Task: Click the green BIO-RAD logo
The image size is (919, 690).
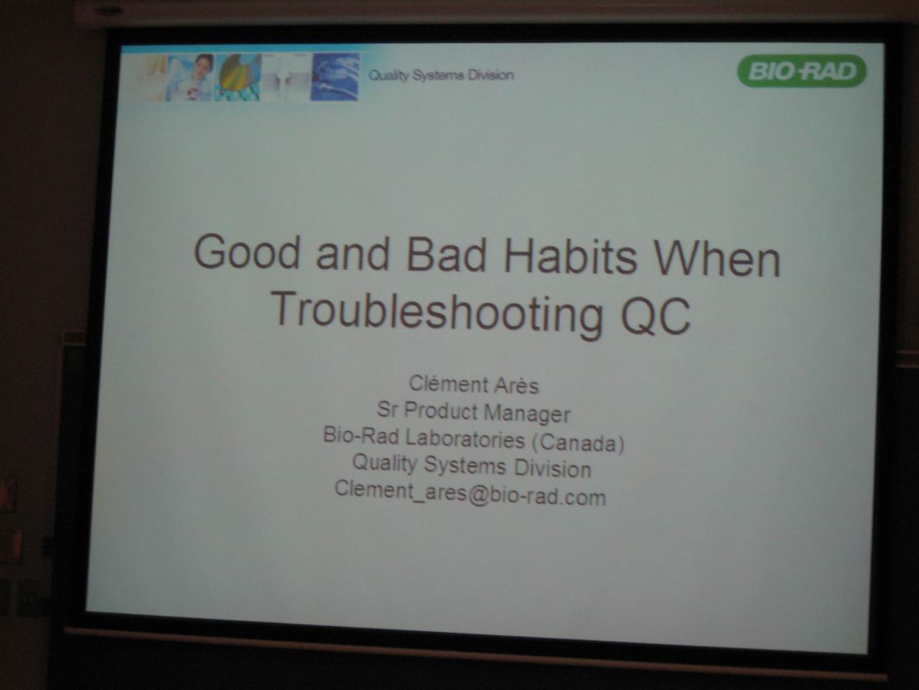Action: tap(801, 71)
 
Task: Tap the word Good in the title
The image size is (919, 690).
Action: tap(246, 252)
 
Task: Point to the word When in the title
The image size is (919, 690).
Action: tap(717, 259)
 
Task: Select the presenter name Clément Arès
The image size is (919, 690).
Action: tap(474, 385)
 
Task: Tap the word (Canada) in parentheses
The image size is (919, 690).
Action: tap(578, 443)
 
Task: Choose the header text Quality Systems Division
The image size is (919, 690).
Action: tap(441, 75)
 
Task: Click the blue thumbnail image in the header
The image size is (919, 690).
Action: tap(335, 76)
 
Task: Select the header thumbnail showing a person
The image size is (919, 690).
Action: tap(190, 78)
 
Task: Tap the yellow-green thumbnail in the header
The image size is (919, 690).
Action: tap(238, 78)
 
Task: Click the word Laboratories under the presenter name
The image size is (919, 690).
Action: tap(465, 438)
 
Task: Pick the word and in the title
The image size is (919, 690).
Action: tap(353, 254)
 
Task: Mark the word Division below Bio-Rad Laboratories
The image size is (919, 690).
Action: tap(553, 469)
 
